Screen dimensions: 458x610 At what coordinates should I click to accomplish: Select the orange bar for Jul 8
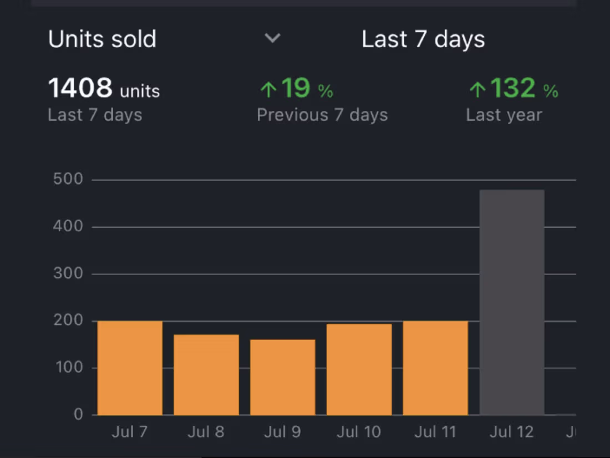tap(206, 375)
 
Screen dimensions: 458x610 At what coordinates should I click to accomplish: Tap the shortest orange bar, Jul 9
tap(283, 377)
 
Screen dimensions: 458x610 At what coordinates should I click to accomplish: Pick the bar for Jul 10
tap(359, 369)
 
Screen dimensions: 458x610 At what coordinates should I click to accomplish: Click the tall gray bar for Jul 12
tap(512, 302)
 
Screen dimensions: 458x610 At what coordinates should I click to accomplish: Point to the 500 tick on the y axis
tap(68, 179)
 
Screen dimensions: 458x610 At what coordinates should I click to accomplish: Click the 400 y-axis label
tap(68, 226)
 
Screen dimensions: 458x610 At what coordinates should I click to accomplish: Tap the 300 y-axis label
tap(68, 273)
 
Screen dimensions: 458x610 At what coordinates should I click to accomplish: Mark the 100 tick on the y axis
tap(68, 368)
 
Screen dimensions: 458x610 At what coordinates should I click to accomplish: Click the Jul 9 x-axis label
tap(282, 432)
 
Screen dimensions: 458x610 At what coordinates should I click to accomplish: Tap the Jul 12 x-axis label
tap(511, 432)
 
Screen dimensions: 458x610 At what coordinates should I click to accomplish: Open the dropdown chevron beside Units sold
tap(272, 38)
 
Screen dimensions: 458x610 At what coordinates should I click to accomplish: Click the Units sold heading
tap(103, 39)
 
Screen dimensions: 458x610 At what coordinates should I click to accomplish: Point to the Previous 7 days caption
tap(322, 115)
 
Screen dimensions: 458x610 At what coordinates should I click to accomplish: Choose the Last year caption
tap(504, 115)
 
